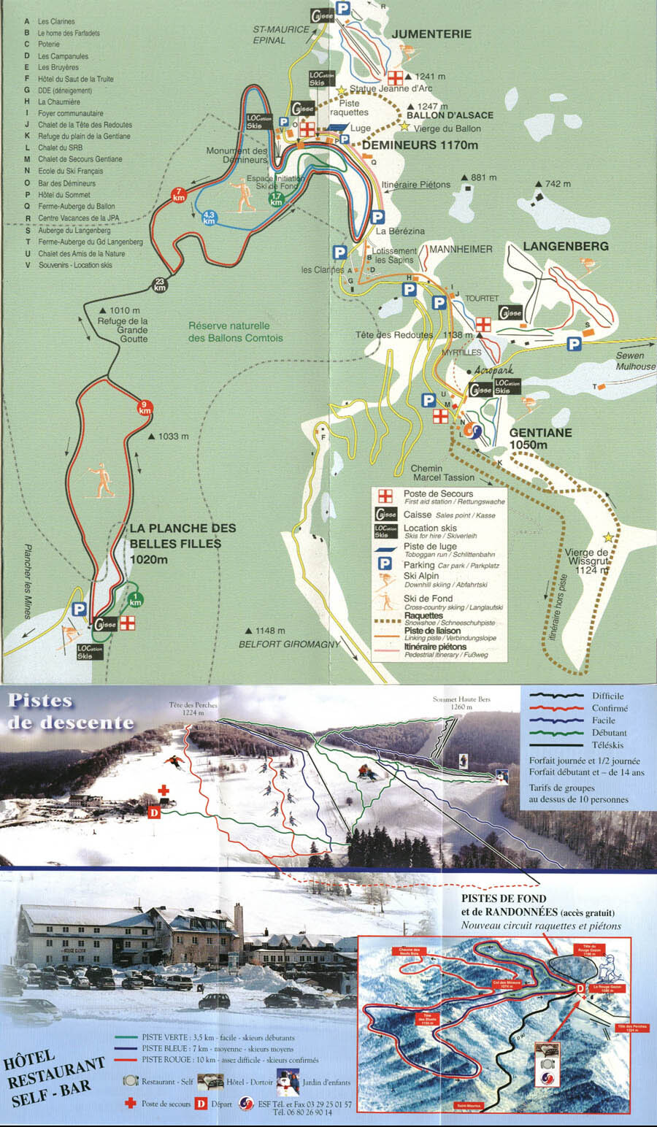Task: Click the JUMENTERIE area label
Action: tap(431, 34)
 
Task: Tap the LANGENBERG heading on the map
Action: tap(566, 247)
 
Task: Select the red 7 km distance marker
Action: tap(178, 194)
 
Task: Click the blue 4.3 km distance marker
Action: tap(210, 217)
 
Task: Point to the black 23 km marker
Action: tap(160, 285)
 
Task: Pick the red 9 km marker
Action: tap(145, 407)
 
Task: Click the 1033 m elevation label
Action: tap(168, 436)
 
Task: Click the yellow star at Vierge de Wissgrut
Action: tap(608, 537)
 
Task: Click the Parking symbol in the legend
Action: tap(384, 564)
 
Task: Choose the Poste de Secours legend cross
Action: tap(385, 496)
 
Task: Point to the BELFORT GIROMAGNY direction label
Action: tap(290, 645)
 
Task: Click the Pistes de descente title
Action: tap(71, 712)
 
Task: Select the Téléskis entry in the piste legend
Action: tap(607, 745)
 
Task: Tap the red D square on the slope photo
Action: tap(154, 812)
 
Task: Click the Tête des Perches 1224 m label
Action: tap(193, 709)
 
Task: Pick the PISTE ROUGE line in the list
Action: tap(230, 1060)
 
